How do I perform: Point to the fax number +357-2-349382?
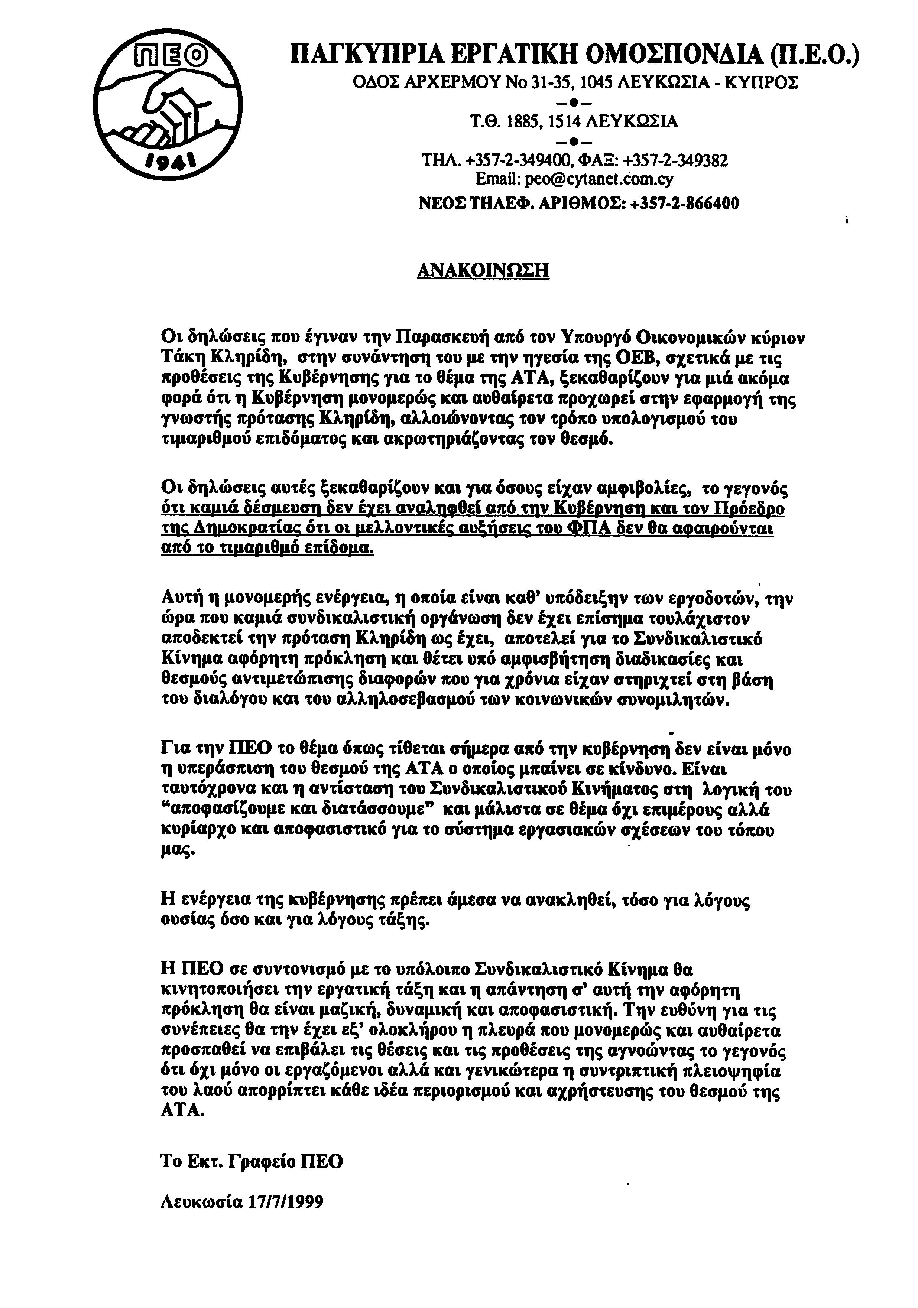tap(675, 161)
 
